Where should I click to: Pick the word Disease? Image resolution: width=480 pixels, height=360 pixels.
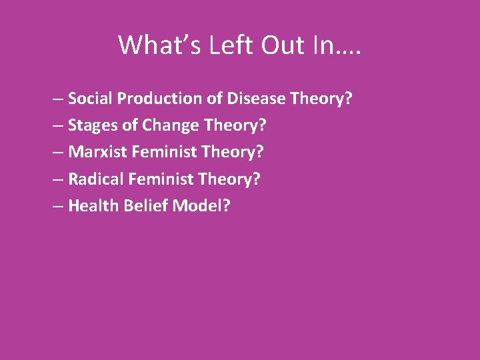coord(255,99)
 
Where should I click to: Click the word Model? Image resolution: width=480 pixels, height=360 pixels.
coord(197,205)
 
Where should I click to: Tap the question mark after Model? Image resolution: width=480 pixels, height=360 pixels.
coord(226,205)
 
